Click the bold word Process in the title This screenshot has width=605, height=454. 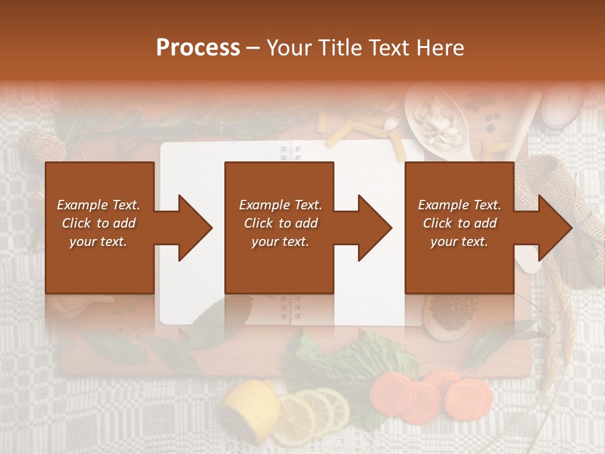(198, 47)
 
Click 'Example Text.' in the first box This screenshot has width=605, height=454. (99, 205)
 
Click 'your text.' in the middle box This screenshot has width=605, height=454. (280, 242)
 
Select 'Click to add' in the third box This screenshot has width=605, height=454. (459, 223)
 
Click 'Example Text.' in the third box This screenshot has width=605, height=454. (459, 205)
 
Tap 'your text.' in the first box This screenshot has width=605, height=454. (99, 242)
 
